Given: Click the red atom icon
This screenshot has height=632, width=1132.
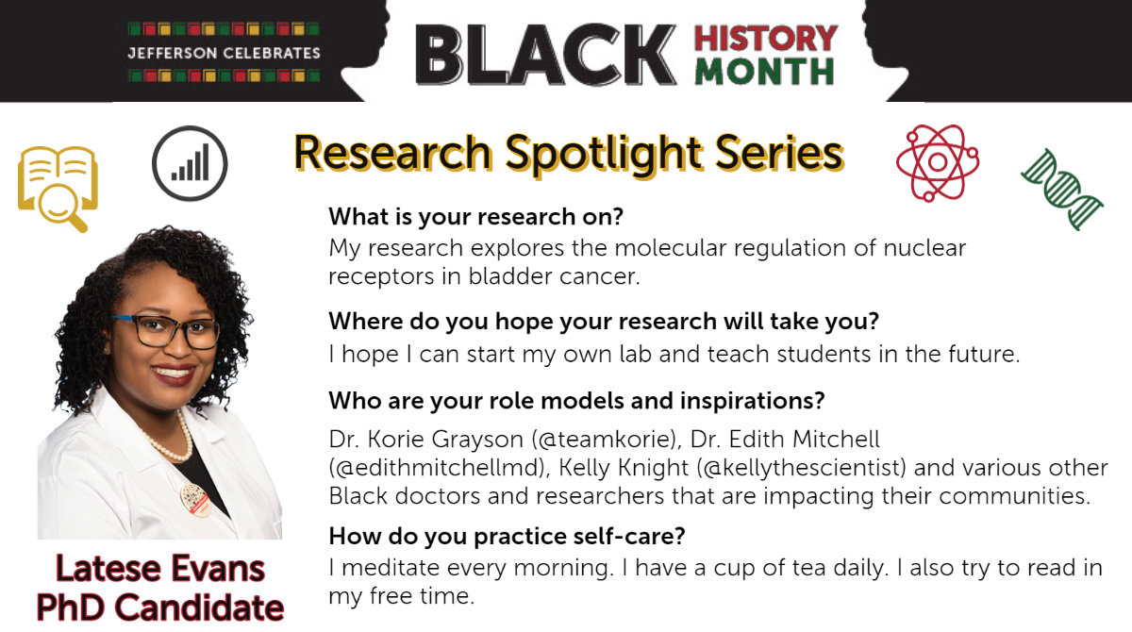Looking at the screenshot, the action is pyautogui.click(x=938, y=162).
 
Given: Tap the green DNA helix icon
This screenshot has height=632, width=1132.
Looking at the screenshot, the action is pyautogui.click(x=1062, y=190).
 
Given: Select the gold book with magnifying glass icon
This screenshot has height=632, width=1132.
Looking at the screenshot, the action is pyautogui.click(x=58, y=189).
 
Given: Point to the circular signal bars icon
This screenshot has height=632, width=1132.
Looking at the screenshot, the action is pyautogui.click(x=190, y=163).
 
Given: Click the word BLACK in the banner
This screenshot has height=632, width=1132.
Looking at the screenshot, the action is pyautogui.click(x=546, y=55).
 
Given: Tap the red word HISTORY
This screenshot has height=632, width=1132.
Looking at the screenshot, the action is pyautogui.click(x=766, y=39).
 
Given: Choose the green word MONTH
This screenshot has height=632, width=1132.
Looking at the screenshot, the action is pyautogui.click(x=765, y=72).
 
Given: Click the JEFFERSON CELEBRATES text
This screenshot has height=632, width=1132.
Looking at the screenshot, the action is pyautogui.click(x=224, y=53).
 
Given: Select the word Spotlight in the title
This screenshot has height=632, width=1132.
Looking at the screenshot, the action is pyautogui.click(x=604, y=153).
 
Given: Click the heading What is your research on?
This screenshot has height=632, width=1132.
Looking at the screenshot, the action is pyautogui.click(x=476, y=217).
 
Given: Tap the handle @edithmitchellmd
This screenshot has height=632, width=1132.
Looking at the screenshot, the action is pyautogui.click(x=438, y=467).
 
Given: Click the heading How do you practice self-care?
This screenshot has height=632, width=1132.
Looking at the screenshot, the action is pyautogui.click(x=507, y=536).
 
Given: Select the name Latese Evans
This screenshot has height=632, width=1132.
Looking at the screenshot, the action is pyautogui.click(x=160, y=569).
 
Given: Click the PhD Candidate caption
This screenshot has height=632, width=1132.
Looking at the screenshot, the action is pyautogui.click(x=160, y=607).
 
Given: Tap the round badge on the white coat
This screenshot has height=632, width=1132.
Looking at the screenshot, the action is pyautogui.click(x=195, y=500).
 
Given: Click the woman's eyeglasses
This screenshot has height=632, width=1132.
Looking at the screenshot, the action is pyautogui.click(x=167, y=331).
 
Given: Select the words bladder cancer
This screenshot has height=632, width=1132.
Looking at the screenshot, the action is pyautogui.click(x=554, y=276).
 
